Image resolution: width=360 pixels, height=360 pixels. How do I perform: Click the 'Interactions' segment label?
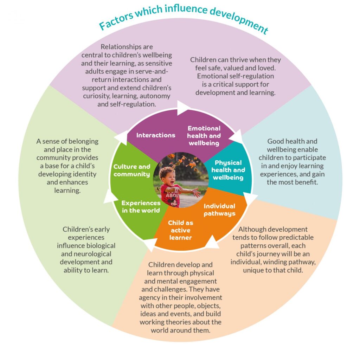tap(156, 135)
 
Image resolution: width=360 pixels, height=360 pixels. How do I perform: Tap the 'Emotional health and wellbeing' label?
tap(204, 136)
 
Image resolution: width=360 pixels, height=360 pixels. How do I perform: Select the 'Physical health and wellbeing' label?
tap(228, 170)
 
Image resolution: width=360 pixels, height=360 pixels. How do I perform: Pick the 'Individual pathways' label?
tap(219, 210)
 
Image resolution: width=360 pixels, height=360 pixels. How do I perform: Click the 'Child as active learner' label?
tap(180, 230)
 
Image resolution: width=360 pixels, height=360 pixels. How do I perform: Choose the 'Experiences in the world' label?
tap(141, 207)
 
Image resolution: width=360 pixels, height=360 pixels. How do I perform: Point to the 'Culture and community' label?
tap(132, 171)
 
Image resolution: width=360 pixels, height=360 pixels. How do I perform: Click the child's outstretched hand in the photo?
tap(197, 192)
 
